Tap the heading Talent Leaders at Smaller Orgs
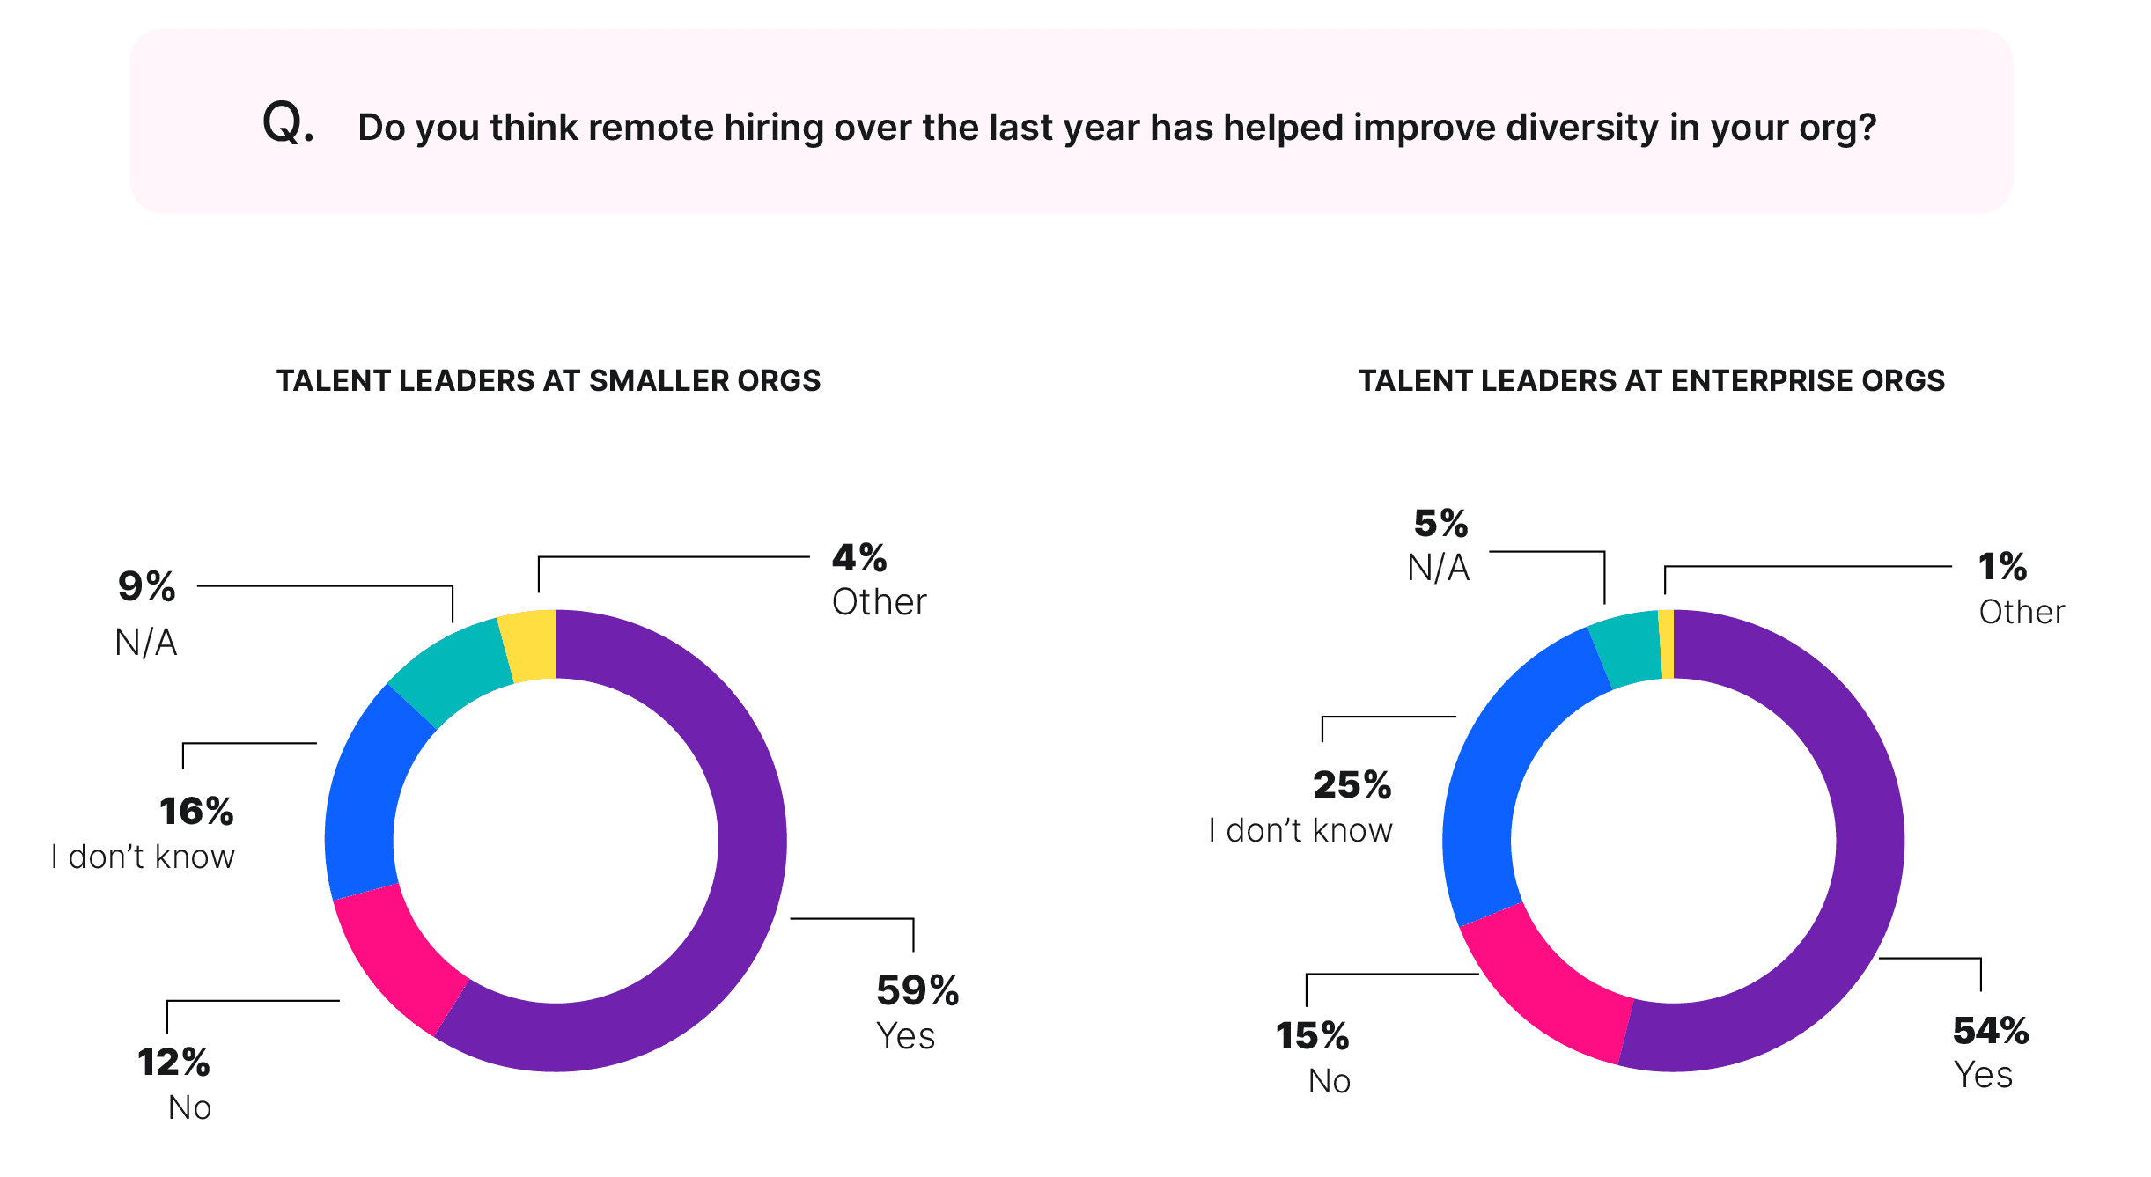(x=549, y=380)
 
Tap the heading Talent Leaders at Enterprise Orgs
(x=1651, y=380)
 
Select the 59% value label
(x=917, y=990)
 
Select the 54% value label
(x=1990, y=1031)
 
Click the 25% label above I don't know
(x=1352, y=785)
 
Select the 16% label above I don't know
(x=196, y=812)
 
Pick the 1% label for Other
(x=2001, y=567)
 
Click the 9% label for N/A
(x=146, y=587)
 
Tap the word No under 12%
(x=189, y=1107)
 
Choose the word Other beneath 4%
(x=879, y=602)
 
